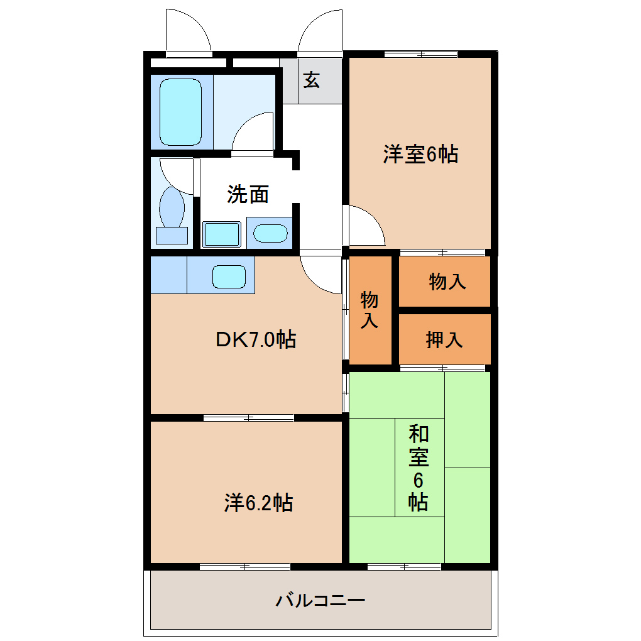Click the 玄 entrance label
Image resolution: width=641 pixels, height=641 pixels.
[312, 80]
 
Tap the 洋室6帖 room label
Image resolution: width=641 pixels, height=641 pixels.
[420, 154]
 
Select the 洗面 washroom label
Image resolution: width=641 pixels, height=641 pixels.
[248, 194]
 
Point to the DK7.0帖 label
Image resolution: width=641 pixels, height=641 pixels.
[256, 340]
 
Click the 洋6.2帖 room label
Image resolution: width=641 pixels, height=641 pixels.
[258, 503]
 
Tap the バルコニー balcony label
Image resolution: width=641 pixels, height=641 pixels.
[320, 600]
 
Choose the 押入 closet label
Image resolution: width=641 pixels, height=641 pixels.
[445, 340]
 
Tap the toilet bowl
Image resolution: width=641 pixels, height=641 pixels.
[171, 207]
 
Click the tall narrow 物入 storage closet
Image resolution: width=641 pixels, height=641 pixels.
[370, 309]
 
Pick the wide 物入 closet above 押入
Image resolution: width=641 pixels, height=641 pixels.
[445, 282]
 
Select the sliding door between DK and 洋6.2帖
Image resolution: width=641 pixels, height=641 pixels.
[249, 417]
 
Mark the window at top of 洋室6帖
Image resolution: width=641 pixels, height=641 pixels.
[420, 54]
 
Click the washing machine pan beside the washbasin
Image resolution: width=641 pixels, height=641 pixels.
[222, 233]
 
